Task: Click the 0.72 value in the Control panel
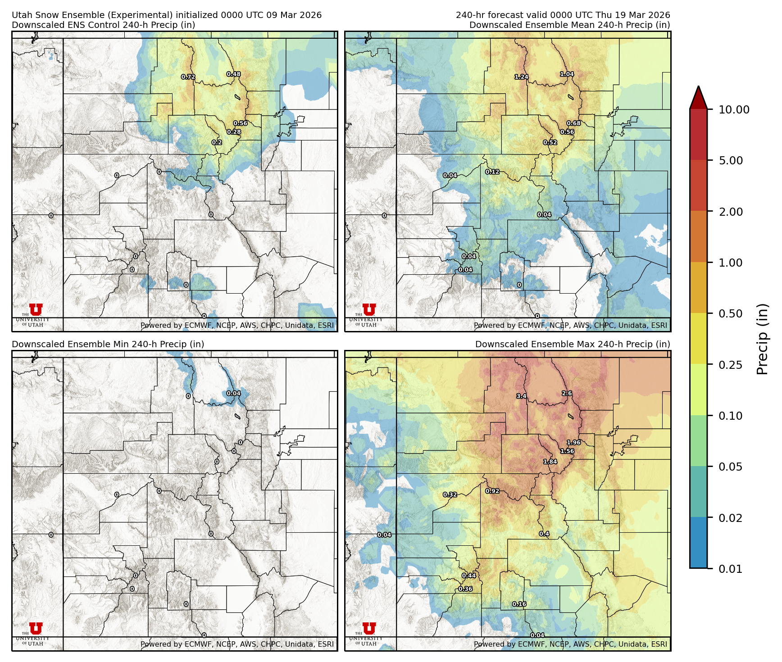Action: pos(188,77)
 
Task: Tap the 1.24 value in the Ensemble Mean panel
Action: pos(521,77)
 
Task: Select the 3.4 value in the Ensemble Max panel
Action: pos(521,396)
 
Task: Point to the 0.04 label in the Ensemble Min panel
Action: pos(233,393)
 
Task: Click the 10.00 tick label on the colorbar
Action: pos(734,109)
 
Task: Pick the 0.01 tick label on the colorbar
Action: pos(730,569)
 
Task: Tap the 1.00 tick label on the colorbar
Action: pos(730,263)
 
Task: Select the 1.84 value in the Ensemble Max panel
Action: pos(550,462)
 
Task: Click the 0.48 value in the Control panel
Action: pos(233,74)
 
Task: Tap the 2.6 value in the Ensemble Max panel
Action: pos(567,394)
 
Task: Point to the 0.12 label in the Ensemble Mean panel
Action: pos(492,172)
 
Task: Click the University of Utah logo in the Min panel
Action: pos(35,629)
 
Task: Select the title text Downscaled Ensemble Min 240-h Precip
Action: pos(108,344)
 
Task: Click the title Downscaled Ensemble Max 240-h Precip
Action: pos(572,344)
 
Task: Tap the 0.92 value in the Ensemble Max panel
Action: pos(492,491)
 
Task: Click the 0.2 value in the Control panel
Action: pos(217,143)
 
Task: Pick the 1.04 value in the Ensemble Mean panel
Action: pos(567,74)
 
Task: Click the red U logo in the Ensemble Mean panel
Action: pos(368,309)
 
